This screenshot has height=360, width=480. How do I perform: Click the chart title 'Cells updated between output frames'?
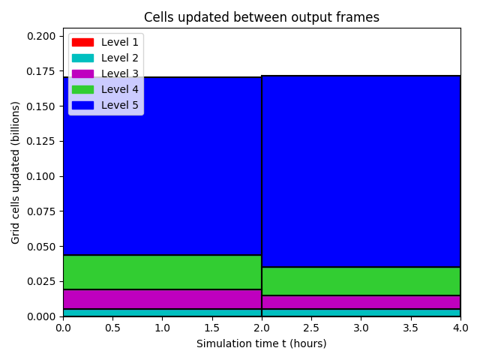262,17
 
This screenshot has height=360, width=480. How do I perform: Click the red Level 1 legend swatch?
82,42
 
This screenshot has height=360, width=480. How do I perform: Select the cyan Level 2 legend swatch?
82,58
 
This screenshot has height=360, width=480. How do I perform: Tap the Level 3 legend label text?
120,73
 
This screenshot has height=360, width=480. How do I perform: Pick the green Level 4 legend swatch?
82,89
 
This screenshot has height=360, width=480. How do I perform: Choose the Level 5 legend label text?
120,105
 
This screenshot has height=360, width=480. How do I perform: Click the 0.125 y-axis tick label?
41,141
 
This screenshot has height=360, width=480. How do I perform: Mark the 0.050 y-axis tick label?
41,247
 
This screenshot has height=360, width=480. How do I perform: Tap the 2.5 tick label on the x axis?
311,328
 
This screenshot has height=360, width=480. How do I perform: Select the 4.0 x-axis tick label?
460,328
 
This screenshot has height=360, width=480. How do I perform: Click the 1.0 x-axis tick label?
162,328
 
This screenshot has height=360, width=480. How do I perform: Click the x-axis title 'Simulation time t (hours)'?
262,343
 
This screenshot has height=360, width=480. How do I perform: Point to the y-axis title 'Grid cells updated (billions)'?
15,172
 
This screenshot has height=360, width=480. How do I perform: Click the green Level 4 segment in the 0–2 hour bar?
162,272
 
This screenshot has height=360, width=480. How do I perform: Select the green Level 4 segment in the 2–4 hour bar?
361,281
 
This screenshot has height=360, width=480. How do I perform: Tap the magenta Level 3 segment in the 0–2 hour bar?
162,299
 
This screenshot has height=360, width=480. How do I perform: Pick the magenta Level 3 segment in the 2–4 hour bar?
361,302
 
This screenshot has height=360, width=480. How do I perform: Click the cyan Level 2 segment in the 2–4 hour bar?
361,313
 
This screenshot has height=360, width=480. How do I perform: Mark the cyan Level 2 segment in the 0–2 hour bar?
162,313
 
